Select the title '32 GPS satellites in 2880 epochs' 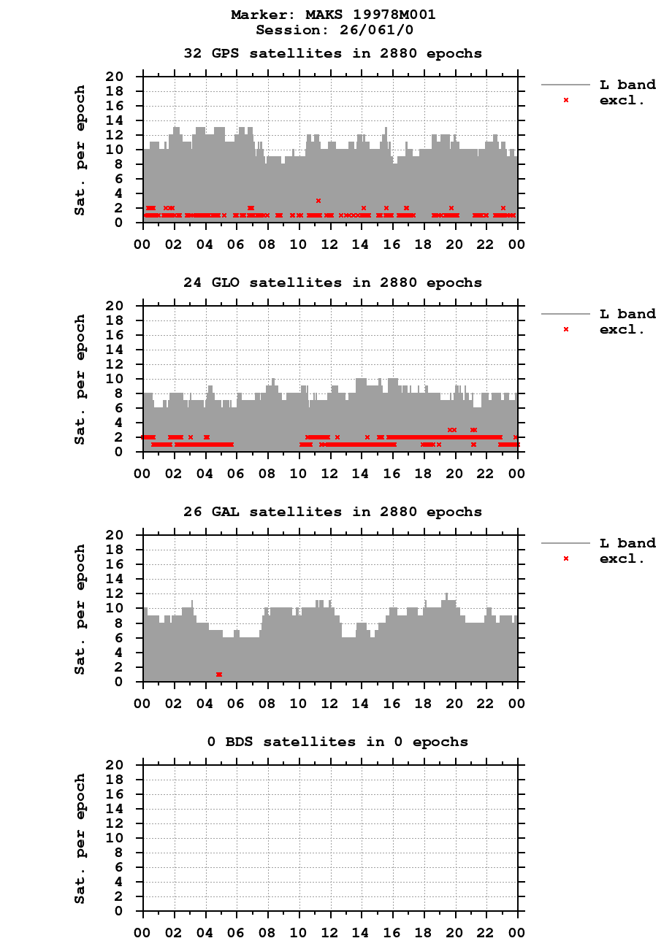click(x=333, y=53)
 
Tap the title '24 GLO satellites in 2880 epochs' click(x=333, y=283)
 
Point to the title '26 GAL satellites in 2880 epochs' click(x=333, y=512)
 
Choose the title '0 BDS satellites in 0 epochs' click(x=337, y=742)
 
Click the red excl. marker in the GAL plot click(x=219, y=675)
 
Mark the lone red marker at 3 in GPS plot click(x=318, y=200)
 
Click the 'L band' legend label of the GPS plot click(x=627, y=85)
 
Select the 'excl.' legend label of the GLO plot click(x=622, y=329)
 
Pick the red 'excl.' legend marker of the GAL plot click(x=565, y=558)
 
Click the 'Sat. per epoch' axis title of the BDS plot click(x=80, y=838)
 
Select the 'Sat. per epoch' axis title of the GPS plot click(x=80, y=150)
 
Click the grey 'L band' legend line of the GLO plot click(x=565, y=314)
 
